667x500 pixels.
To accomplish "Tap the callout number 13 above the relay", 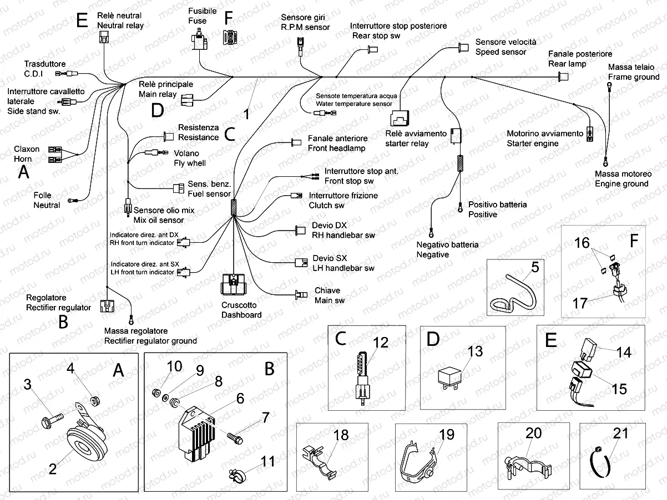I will [475, 351].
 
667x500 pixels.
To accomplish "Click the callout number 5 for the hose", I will [534, 268].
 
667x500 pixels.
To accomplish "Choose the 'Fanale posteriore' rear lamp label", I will [580, 54].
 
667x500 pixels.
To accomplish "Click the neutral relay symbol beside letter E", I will [103, 37].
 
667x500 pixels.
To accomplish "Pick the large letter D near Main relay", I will [158, 110].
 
